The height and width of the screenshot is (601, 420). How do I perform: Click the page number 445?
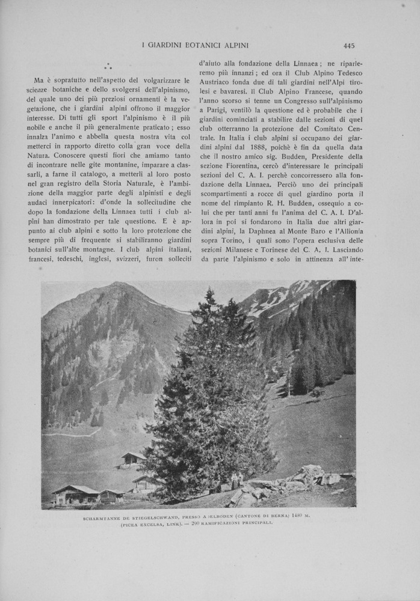(349, 45)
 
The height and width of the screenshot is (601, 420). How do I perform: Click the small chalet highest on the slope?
(133, 459)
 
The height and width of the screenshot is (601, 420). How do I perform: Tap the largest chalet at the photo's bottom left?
(75, 494)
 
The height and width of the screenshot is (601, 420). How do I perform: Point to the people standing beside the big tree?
(236, 480)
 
